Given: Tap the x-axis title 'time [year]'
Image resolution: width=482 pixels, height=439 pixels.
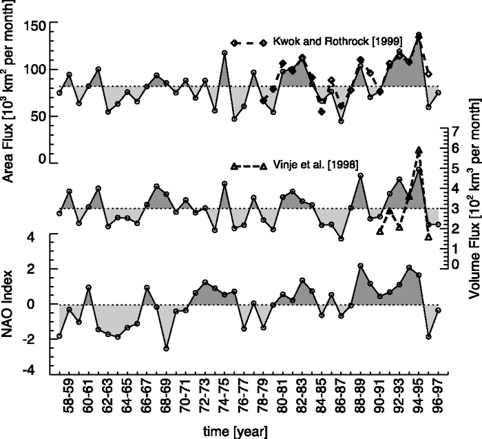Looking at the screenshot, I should tap(240, 431).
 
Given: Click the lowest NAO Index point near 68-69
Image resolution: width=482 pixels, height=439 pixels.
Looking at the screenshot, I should tap(166, 349).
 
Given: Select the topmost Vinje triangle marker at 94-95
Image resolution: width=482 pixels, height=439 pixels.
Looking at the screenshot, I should tap(419, 150).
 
